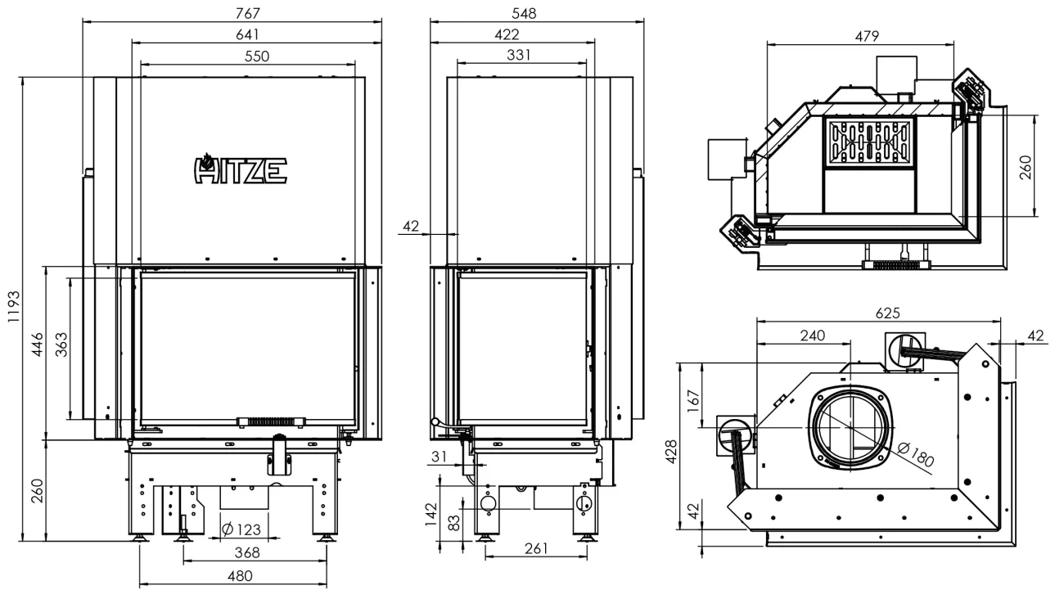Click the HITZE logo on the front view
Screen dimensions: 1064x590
241,169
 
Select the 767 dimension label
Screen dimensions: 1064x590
247,13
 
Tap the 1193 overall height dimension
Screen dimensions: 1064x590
14,307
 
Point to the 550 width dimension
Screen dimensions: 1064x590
256,56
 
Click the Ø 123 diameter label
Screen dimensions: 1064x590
241,529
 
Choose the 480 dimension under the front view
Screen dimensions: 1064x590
240,576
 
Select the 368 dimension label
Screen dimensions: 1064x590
247,553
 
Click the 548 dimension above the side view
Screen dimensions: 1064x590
524,13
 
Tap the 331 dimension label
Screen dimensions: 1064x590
519,55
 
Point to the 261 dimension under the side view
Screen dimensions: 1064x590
536,549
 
